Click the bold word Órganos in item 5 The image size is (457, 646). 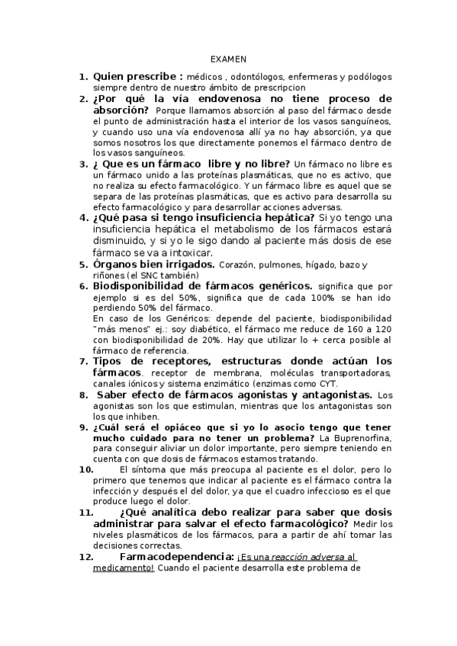[114, 264]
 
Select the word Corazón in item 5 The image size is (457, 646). [236, 265]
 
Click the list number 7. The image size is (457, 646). [83, 360]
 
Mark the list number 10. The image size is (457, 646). [85, 470]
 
